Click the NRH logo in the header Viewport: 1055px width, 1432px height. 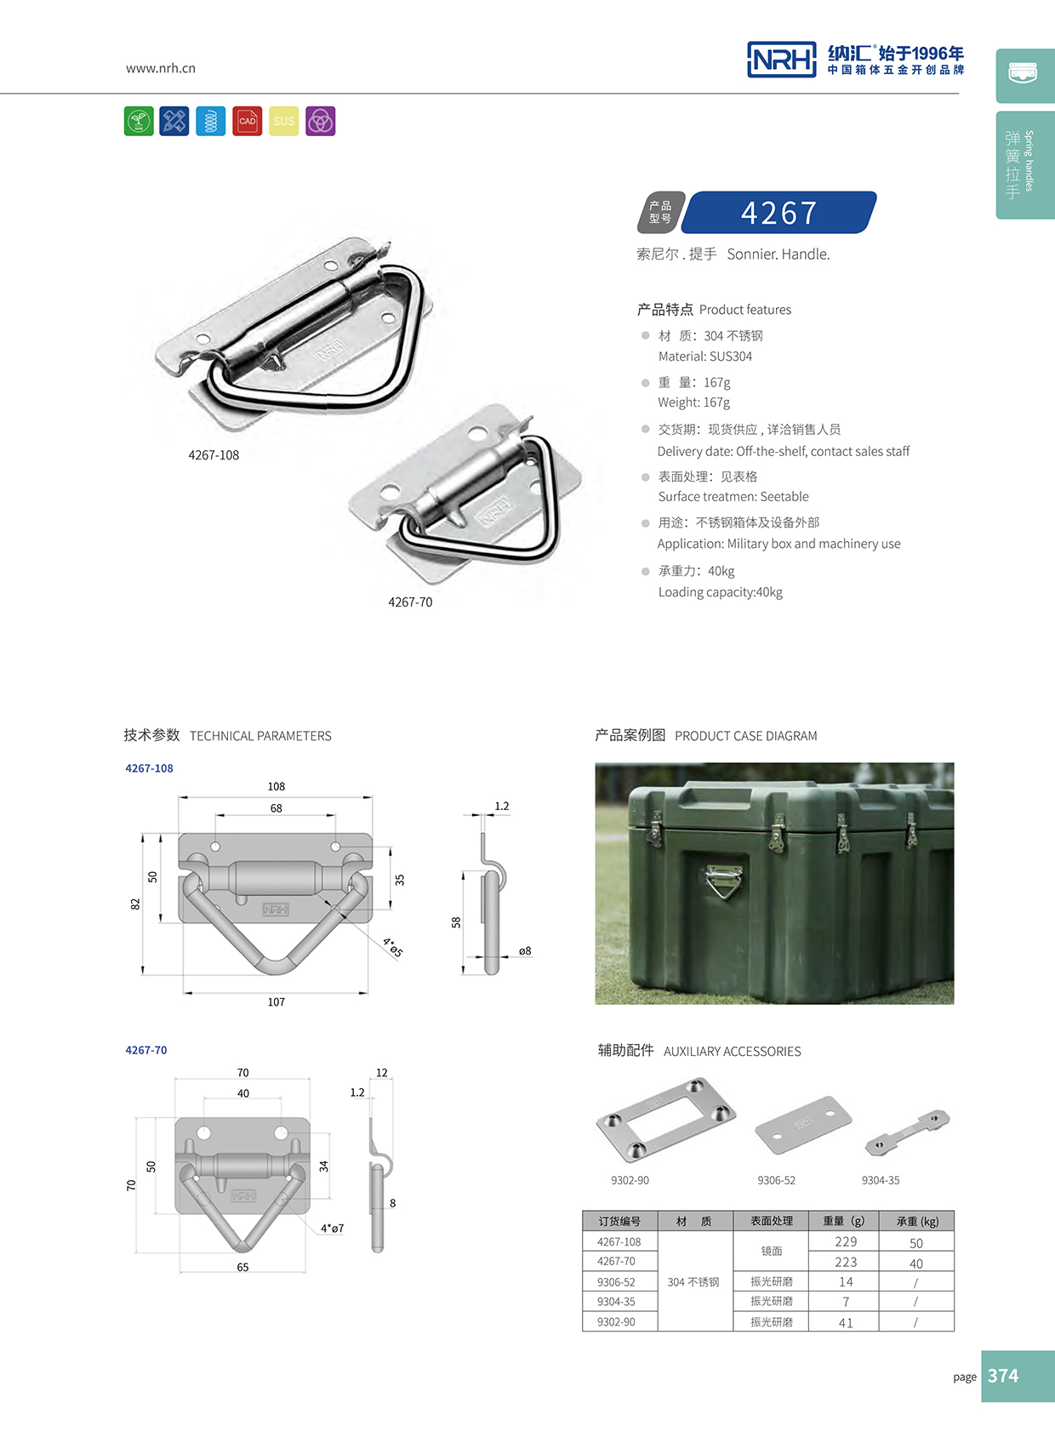781,60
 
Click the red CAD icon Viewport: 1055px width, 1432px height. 248,121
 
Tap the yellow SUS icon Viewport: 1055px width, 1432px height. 284,121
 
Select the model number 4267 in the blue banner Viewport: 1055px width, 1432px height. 778,213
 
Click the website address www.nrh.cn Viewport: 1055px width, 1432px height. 160,68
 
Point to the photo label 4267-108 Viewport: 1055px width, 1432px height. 214,455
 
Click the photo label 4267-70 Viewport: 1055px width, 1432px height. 410,602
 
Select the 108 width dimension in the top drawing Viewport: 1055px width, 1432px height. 277,786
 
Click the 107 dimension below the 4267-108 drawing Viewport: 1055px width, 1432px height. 277,1002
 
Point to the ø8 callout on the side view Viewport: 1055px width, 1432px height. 525,951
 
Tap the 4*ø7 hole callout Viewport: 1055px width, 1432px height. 333,1229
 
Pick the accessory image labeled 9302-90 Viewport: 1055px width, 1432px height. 665,1119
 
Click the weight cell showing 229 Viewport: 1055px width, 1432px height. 846,1242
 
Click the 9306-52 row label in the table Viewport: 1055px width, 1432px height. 616,1282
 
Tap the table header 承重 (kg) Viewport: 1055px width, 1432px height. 917,1222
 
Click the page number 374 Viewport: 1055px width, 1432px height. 1003,1376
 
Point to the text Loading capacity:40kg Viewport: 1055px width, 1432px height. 720,592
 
